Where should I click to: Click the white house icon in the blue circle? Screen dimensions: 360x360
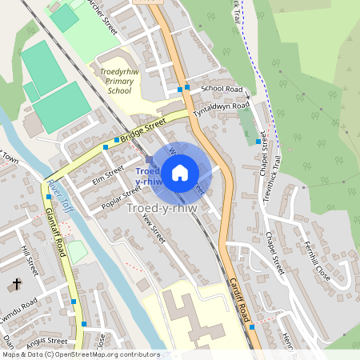click(x=180, y=171)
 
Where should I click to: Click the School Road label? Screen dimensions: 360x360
click(x=222, y=89)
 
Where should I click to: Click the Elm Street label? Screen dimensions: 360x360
click(x=109, y=174)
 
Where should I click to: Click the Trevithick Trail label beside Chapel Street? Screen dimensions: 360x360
click(x=283, y=172)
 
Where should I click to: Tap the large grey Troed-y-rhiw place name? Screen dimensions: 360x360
click(x=160, y=208)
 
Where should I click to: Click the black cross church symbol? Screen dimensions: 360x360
click(x=17, y=284)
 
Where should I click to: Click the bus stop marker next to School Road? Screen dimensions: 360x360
click(x=187, y=87)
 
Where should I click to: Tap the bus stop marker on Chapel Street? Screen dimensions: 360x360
click(x=258, y=142)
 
